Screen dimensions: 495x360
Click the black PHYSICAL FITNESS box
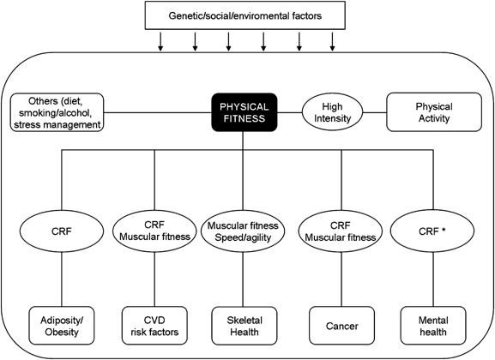[244, 112]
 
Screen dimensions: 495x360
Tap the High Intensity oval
[332, 112]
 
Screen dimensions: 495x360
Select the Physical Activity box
[434, 112]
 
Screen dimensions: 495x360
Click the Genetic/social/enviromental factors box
[245, 15]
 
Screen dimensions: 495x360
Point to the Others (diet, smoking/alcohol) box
[57, 112]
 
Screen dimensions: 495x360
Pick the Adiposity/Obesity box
[62, 326]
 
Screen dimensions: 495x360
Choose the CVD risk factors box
[154, 326]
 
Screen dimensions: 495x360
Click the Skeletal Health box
[244, 326]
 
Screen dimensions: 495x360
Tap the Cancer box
[342, 326]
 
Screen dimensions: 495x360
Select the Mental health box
[433, 326]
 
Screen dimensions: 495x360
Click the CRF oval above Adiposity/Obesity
[62, 231]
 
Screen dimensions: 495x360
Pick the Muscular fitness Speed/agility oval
[243, 231]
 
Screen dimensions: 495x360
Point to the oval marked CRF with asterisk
[432, 231]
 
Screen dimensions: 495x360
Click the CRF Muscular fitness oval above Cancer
[341, 231]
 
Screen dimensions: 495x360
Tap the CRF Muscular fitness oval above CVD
[154, 231]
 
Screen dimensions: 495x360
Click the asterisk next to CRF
[444, 230]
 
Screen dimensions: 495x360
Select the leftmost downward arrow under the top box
[160, 41]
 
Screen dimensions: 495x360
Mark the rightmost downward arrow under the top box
[332, 41]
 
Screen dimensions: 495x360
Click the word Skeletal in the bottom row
[244, 321]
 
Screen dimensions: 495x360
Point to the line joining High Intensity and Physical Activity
[375, 112]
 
